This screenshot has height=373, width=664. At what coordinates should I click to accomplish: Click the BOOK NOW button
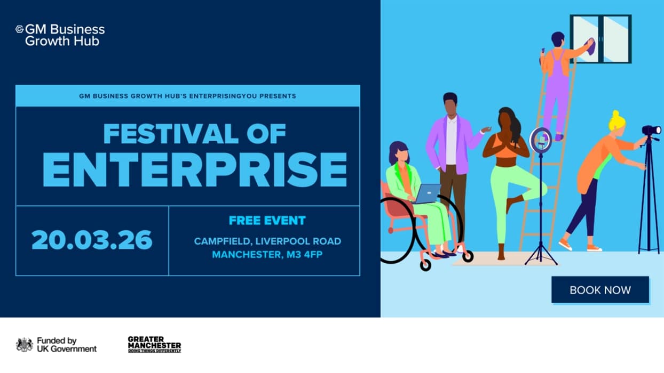[x=600, y=290]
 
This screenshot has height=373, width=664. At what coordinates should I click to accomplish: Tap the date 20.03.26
[x=92, y=240]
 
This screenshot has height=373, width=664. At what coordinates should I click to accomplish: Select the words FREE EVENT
[x=267, y=221]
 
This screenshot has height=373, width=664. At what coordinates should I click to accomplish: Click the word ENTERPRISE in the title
[x=195, y=169]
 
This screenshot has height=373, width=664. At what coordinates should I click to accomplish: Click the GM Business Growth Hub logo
[x=60, y=35]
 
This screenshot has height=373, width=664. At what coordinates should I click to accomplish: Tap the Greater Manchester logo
[x=154, y=344]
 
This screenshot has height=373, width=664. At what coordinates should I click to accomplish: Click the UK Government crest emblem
[x=25, y=345]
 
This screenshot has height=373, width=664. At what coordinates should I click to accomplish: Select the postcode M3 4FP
[x=304, y=255]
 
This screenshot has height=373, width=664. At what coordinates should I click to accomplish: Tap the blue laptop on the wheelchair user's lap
[x=428, y=193]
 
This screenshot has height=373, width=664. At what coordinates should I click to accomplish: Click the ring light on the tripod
[x=540, y=140]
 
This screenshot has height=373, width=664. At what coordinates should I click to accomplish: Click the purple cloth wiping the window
[x=590, y=47]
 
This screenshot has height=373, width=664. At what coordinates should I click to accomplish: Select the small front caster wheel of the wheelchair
[x=425, y=265]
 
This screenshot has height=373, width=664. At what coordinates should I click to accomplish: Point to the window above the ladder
[x=600, y=39]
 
